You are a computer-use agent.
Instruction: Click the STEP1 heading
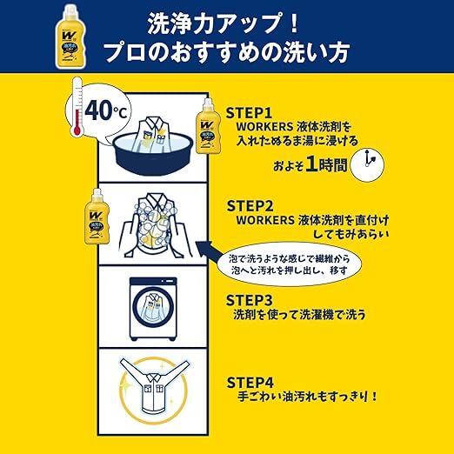pos(249,113)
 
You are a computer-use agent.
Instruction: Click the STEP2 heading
pos(250,206)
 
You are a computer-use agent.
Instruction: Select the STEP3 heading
pos(250,300)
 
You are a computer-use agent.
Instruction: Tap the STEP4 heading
pos(250,383)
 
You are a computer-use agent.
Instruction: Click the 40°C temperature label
pos(106,110)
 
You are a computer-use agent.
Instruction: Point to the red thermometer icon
pos(77,106)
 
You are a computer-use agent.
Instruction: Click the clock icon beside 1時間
pos(367,165)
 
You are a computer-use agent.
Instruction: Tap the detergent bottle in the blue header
pos(71,37)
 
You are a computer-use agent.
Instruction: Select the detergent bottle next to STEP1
pos(208,126)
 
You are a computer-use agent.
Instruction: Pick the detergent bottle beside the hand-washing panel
pos(97,217)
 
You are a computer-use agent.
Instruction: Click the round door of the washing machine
pos(153,307)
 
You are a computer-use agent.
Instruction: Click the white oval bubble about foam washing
pos(290,264)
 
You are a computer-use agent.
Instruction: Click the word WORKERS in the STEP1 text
pos(260,127)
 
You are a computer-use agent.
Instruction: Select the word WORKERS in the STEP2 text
pos(261,220)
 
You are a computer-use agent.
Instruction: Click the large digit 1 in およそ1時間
pos(311,164)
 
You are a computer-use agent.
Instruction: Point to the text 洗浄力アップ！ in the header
pos(224,23)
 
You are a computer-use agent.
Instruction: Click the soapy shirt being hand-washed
pos(153,224)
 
